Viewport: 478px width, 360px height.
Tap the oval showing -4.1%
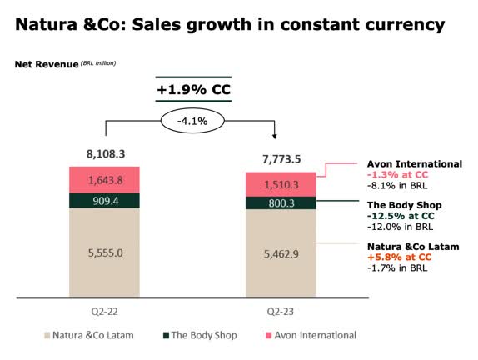191,120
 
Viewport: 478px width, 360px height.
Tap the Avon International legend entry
307,335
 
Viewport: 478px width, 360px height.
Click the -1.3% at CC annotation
398,176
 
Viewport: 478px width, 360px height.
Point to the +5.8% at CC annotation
399,257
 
